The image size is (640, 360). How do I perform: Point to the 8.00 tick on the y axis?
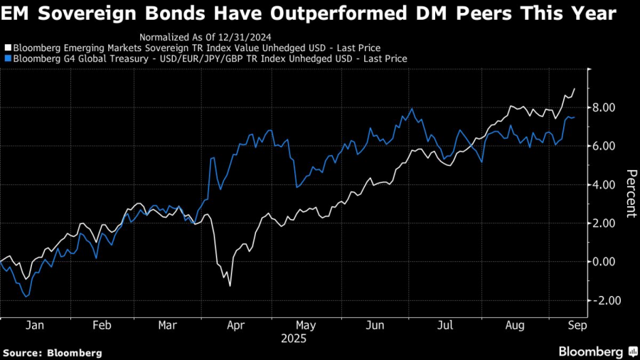[x=604, y=107]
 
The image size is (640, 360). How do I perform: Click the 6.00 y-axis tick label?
[x=604, y=146]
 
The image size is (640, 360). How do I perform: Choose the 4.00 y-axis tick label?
[x=604, y=185]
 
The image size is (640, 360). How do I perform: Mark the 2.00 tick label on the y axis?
[x=604, y=223]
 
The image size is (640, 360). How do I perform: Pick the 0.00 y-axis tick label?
[x=604, y=262]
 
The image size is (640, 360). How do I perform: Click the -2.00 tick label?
[x=603, y=300]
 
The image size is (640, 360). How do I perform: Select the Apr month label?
[x=236, y=324]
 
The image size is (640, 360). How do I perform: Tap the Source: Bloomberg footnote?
[x=53, y=352]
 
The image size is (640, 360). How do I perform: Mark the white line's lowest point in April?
[x=230, y=286]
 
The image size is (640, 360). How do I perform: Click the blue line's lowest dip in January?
[x=26, y=296]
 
